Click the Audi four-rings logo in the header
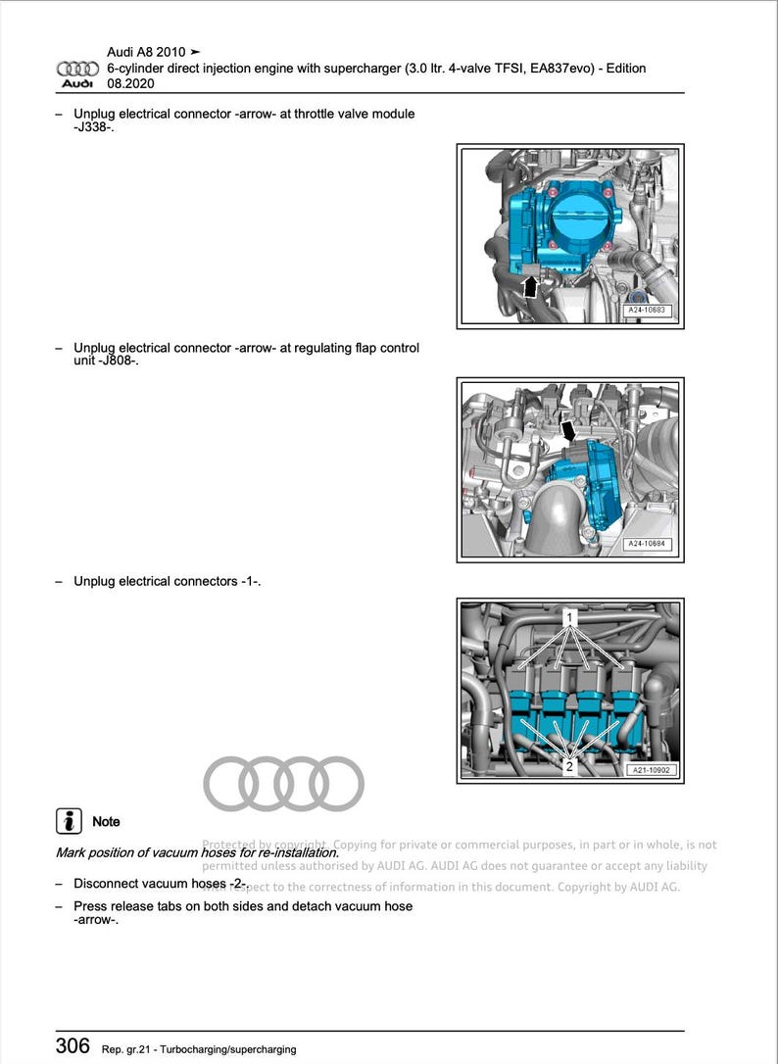(77, 69)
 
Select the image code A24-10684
(650, 545)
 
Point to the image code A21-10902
(652, 771)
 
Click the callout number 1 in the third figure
(568, 619)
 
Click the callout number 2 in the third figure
(569, 767)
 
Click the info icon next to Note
(68, 821)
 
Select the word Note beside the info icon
(106, 822)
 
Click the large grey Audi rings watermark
(283, 784)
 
